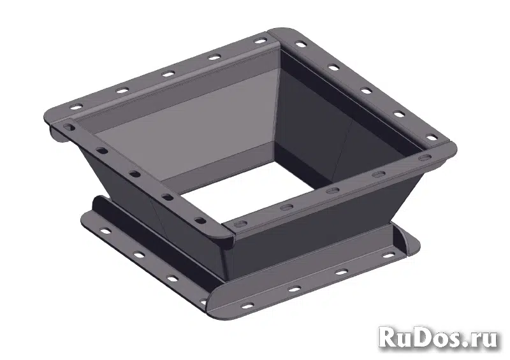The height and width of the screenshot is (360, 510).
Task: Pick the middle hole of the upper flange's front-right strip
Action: [x=331, y=191]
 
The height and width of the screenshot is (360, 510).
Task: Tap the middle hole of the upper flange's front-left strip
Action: [x=135, y=174]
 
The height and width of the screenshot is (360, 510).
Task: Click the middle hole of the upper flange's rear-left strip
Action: [x=168, y=74]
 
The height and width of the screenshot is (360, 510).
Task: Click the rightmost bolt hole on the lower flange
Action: [x=388, y=256]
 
